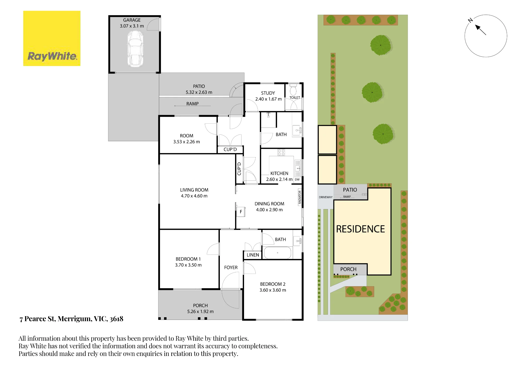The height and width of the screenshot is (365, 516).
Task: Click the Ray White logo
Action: click(x=52, y=38)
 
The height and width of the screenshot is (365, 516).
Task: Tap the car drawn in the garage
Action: click(x=135, y=49)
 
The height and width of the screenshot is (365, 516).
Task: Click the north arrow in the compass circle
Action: click(x=480, y=30)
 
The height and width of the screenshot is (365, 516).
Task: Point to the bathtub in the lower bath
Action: click(x=278, y=253)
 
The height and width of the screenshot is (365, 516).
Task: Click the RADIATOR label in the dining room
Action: click(x=300, y=197)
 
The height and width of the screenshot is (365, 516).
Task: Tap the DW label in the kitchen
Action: click(x=297, y=179)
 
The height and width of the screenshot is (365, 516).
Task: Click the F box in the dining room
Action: click(x=241, y=212)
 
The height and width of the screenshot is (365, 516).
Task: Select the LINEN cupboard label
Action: click(x=253, y=255)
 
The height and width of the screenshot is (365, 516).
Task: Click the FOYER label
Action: click(x=231, y=267)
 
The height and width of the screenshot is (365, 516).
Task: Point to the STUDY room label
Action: click(x=268, y=93)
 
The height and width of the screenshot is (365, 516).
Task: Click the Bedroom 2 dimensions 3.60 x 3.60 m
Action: click(x=273, y=290)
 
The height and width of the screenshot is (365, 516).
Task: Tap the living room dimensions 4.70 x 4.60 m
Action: click(x=194, y=196)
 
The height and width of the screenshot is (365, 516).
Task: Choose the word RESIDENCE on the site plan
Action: click(x=360, y=229)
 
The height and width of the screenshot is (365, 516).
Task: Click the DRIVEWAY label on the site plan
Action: click(x=326, y=197)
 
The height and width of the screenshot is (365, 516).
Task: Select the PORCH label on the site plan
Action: click(x=348, y=269)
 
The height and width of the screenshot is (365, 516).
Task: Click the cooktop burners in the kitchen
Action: click(x=281, y=152)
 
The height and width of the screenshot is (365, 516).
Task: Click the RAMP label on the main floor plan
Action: click(x=192, y=104)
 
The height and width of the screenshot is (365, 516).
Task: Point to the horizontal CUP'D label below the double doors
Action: click(x=230, y=149)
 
